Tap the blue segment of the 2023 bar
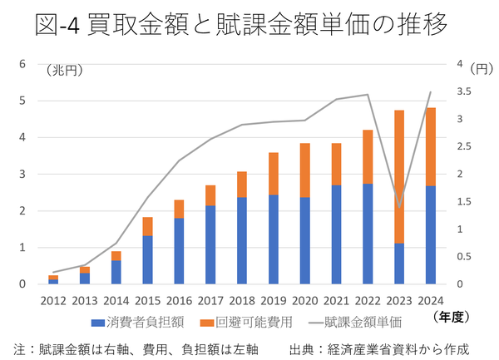(399, 264)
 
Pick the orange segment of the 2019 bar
(273, 174)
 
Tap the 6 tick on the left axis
(23, 64)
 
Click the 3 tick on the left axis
(23, 175)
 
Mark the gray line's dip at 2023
(399, 207)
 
